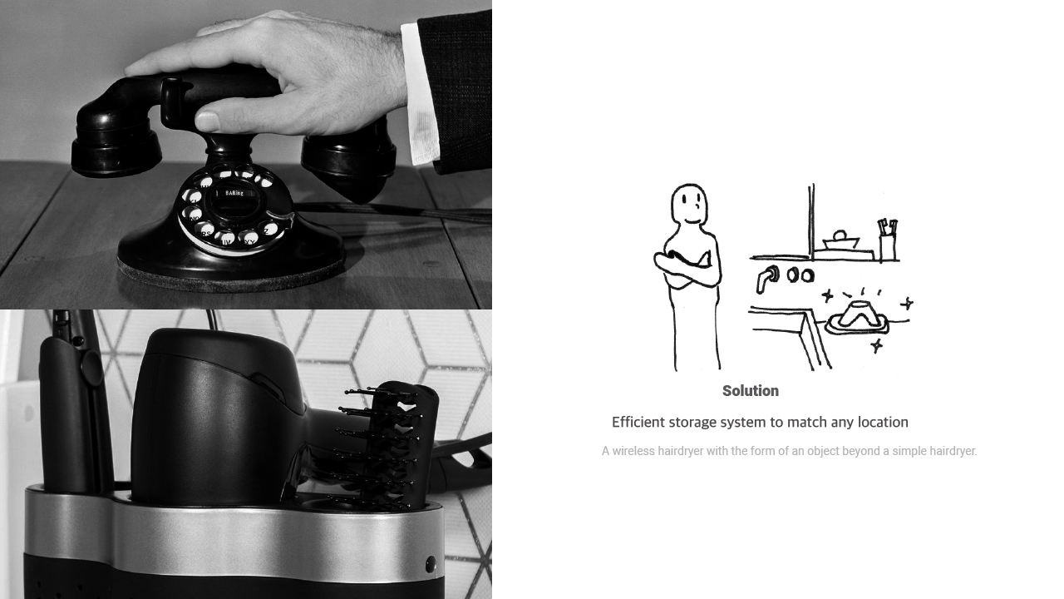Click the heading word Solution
pos(751,391)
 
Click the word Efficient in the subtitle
pos(638,422)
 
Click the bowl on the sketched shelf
pos(840,240)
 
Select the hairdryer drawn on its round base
pos(857,318)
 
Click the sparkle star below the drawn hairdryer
pos(877,345)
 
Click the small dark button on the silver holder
pos(431,564)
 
